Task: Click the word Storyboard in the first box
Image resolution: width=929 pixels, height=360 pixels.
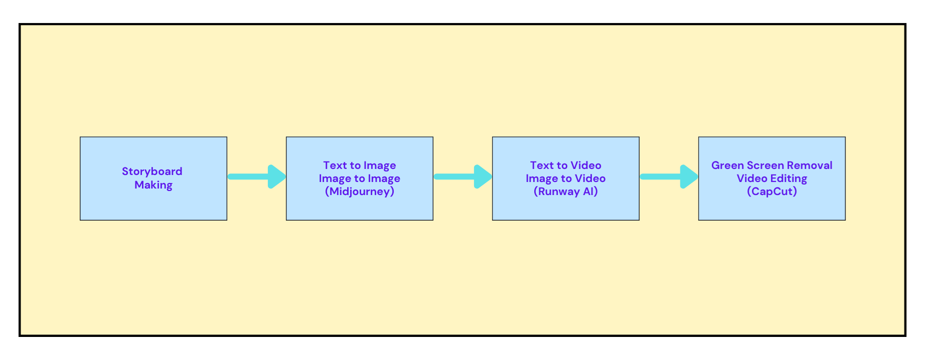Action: click(x=152, y=171)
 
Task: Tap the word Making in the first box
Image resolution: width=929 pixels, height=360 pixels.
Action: click(x=153, y=185)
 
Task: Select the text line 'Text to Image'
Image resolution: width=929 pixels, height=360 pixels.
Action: click(x=360, y=165)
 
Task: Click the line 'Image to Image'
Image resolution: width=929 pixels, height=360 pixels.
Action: click(x=360, y=178)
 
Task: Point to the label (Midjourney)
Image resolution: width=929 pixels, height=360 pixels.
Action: click(x=360, y=192)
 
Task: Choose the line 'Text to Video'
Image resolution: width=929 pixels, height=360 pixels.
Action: click(x=566, y=165)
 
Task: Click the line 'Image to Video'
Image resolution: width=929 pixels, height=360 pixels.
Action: click(x=566, y=178)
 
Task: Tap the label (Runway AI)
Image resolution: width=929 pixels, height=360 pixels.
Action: click(x=566, y=192)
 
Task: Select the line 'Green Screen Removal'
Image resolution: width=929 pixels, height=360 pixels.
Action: click(x=772, y=165)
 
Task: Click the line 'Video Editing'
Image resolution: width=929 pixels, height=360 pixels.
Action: click(x=772, y=178)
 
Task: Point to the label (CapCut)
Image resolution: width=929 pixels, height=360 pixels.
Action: click(x=772, y=192)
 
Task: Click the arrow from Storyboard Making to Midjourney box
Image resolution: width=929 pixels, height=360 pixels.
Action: click(x=257, y=176)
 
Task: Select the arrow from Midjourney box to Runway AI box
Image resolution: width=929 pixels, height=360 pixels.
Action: click(x=463, y=176)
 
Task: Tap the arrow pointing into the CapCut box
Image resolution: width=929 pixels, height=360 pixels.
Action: click(x=669, y=176)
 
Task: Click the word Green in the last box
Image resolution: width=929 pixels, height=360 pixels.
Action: click(x=728, y=165)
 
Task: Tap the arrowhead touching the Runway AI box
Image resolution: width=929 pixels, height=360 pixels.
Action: click(x=483, y=176)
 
